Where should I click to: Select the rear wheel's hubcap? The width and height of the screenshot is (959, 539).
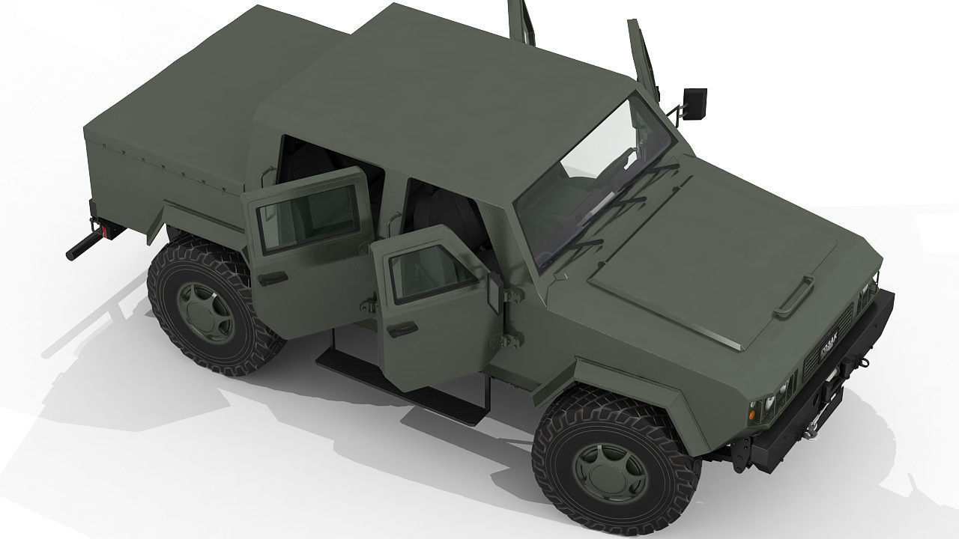point(200,308)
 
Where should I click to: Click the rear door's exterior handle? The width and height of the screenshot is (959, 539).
point(275,278)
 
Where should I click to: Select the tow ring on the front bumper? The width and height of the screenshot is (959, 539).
point(861,362)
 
